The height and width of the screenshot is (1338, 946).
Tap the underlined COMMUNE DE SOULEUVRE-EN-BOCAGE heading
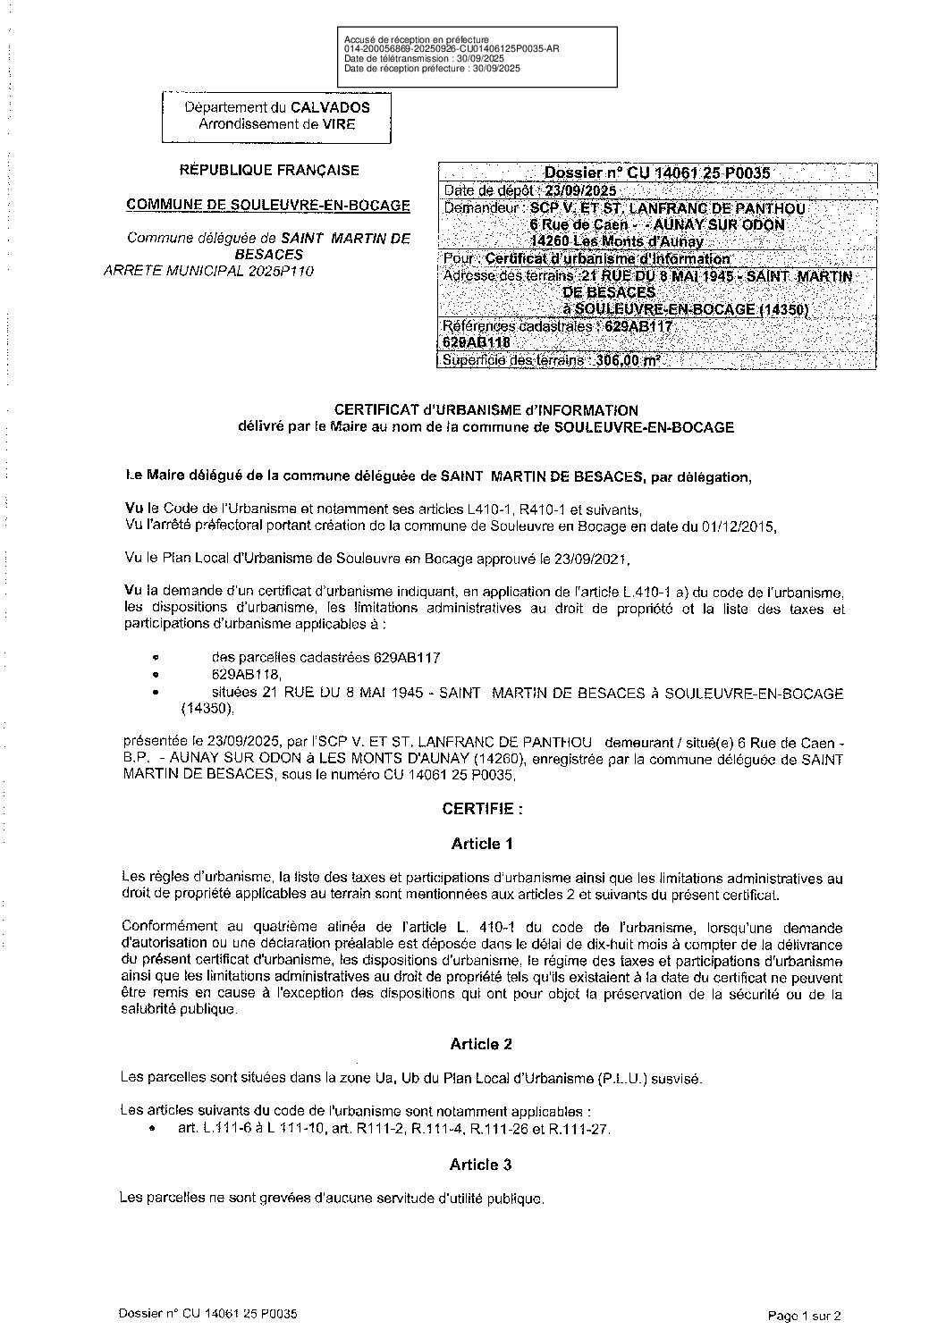268,205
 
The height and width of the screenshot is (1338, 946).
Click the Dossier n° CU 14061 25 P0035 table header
657,173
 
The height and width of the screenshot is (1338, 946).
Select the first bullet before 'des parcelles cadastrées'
156,657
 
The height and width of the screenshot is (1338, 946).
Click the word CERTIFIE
478,809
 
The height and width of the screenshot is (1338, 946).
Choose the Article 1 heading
482,843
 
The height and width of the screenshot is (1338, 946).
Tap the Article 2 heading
482,1044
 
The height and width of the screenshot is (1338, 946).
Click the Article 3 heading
482,1165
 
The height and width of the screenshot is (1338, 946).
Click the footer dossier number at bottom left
207,1314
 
